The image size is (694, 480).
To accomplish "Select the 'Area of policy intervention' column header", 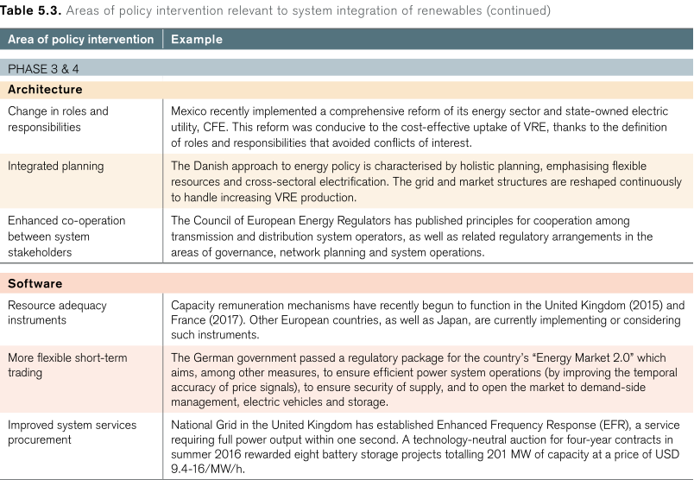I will (80, 40).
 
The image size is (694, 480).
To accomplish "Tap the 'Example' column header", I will (196, 40).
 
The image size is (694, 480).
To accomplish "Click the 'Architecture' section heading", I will (45, 89).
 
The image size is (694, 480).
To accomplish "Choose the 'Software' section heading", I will (35, 283).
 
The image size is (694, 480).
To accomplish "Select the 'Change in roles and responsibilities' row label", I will (58, 119).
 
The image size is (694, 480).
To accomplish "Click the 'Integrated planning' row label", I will (55, 166).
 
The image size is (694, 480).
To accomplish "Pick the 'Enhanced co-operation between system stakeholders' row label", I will (66, 237).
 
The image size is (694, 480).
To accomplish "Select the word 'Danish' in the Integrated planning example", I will (214, 166).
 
